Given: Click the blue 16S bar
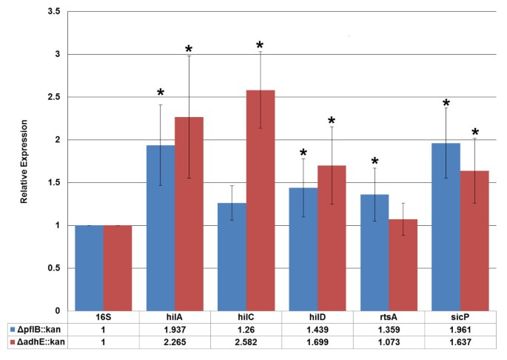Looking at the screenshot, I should pos(89,267).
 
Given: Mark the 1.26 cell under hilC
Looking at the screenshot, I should pos(245,330).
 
